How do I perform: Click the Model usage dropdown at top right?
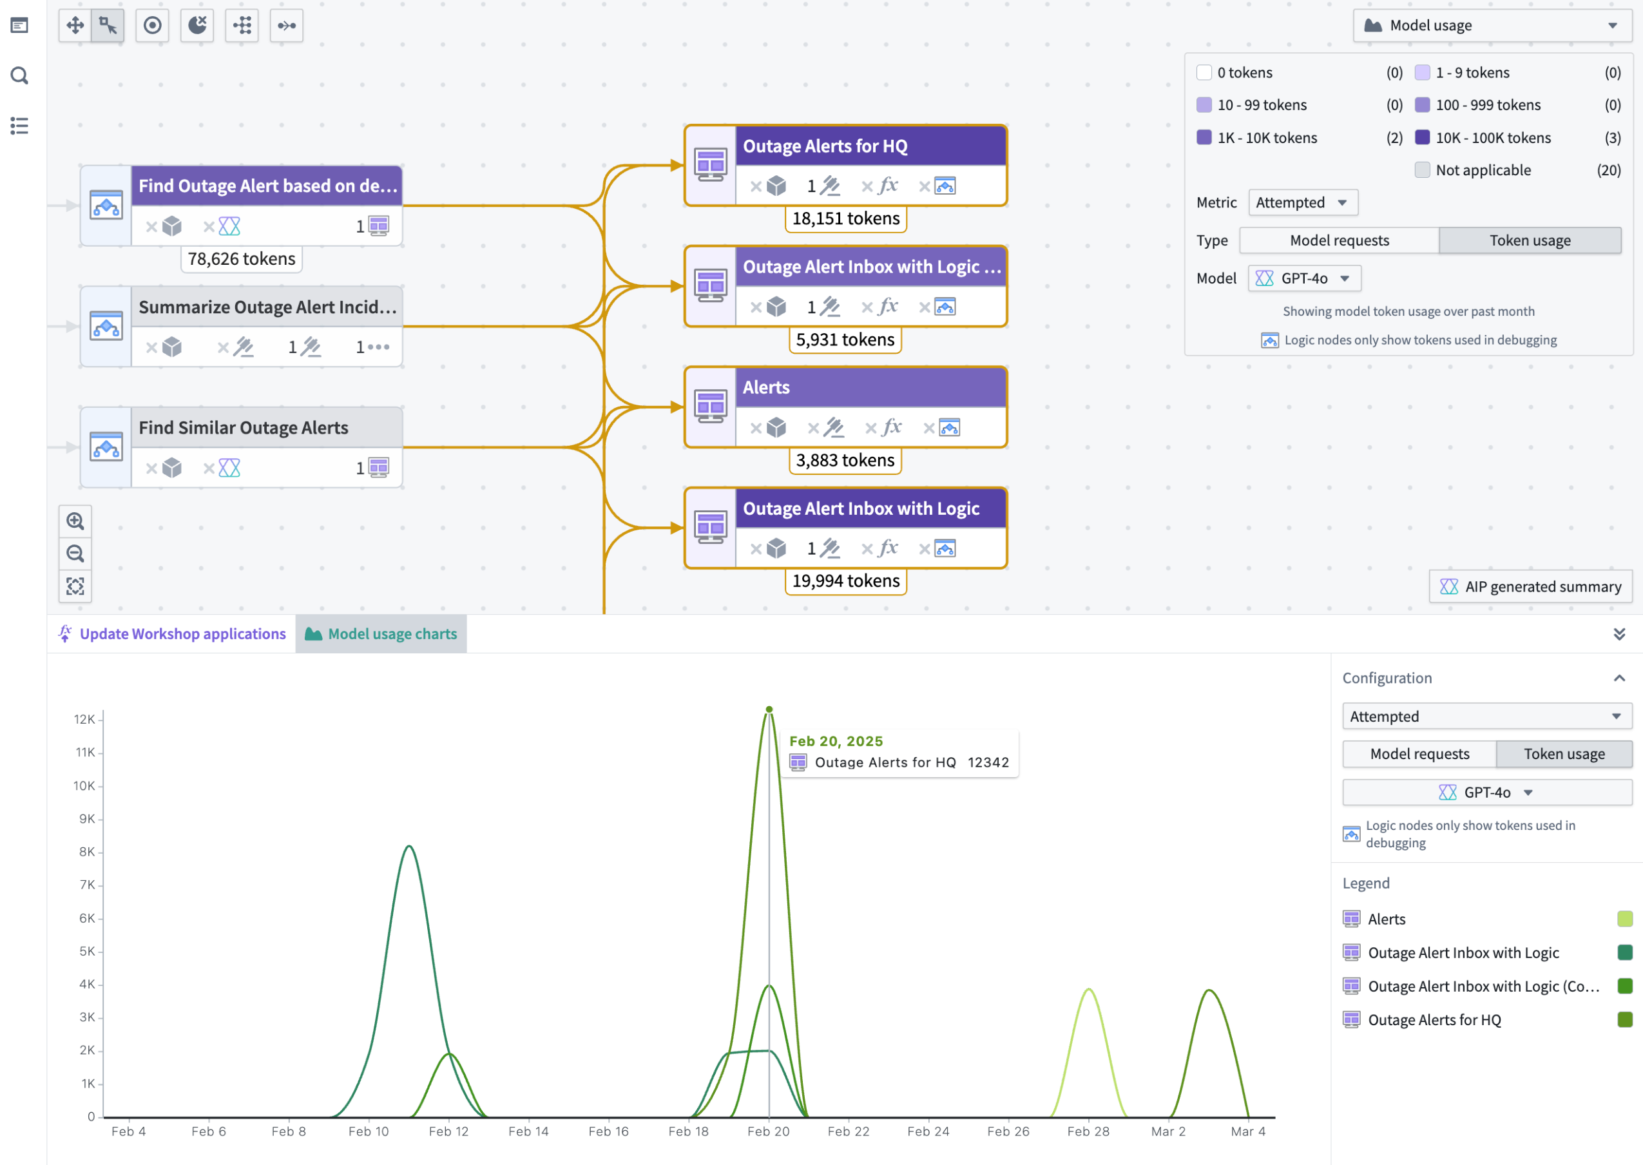tap(1492, 26)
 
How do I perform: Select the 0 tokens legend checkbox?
tap(1204, 72)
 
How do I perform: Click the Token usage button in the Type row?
tap(1530, 240)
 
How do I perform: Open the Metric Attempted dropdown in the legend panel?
tap(1302, 202)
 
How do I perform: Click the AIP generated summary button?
tap(1530, 587)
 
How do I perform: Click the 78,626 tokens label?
tap(242, 259)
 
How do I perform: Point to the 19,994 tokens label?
tap(845, 581)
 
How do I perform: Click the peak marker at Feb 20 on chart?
tap(769, 709)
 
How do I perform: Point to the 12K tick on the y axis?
tap(84, 720)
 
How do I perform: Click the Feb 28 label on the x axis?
tap(1088, 1131)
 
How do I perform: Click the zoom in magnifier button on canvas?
tap(75, 521)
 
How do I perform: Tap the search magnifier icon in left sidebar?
tap(19, 76)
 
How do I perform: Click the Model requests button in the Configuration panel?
tap(1419, 754)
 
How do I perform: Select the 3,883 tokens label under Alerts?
tap(845, 461)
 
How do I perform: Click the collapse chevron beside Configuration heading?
tap(1619, 679)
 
